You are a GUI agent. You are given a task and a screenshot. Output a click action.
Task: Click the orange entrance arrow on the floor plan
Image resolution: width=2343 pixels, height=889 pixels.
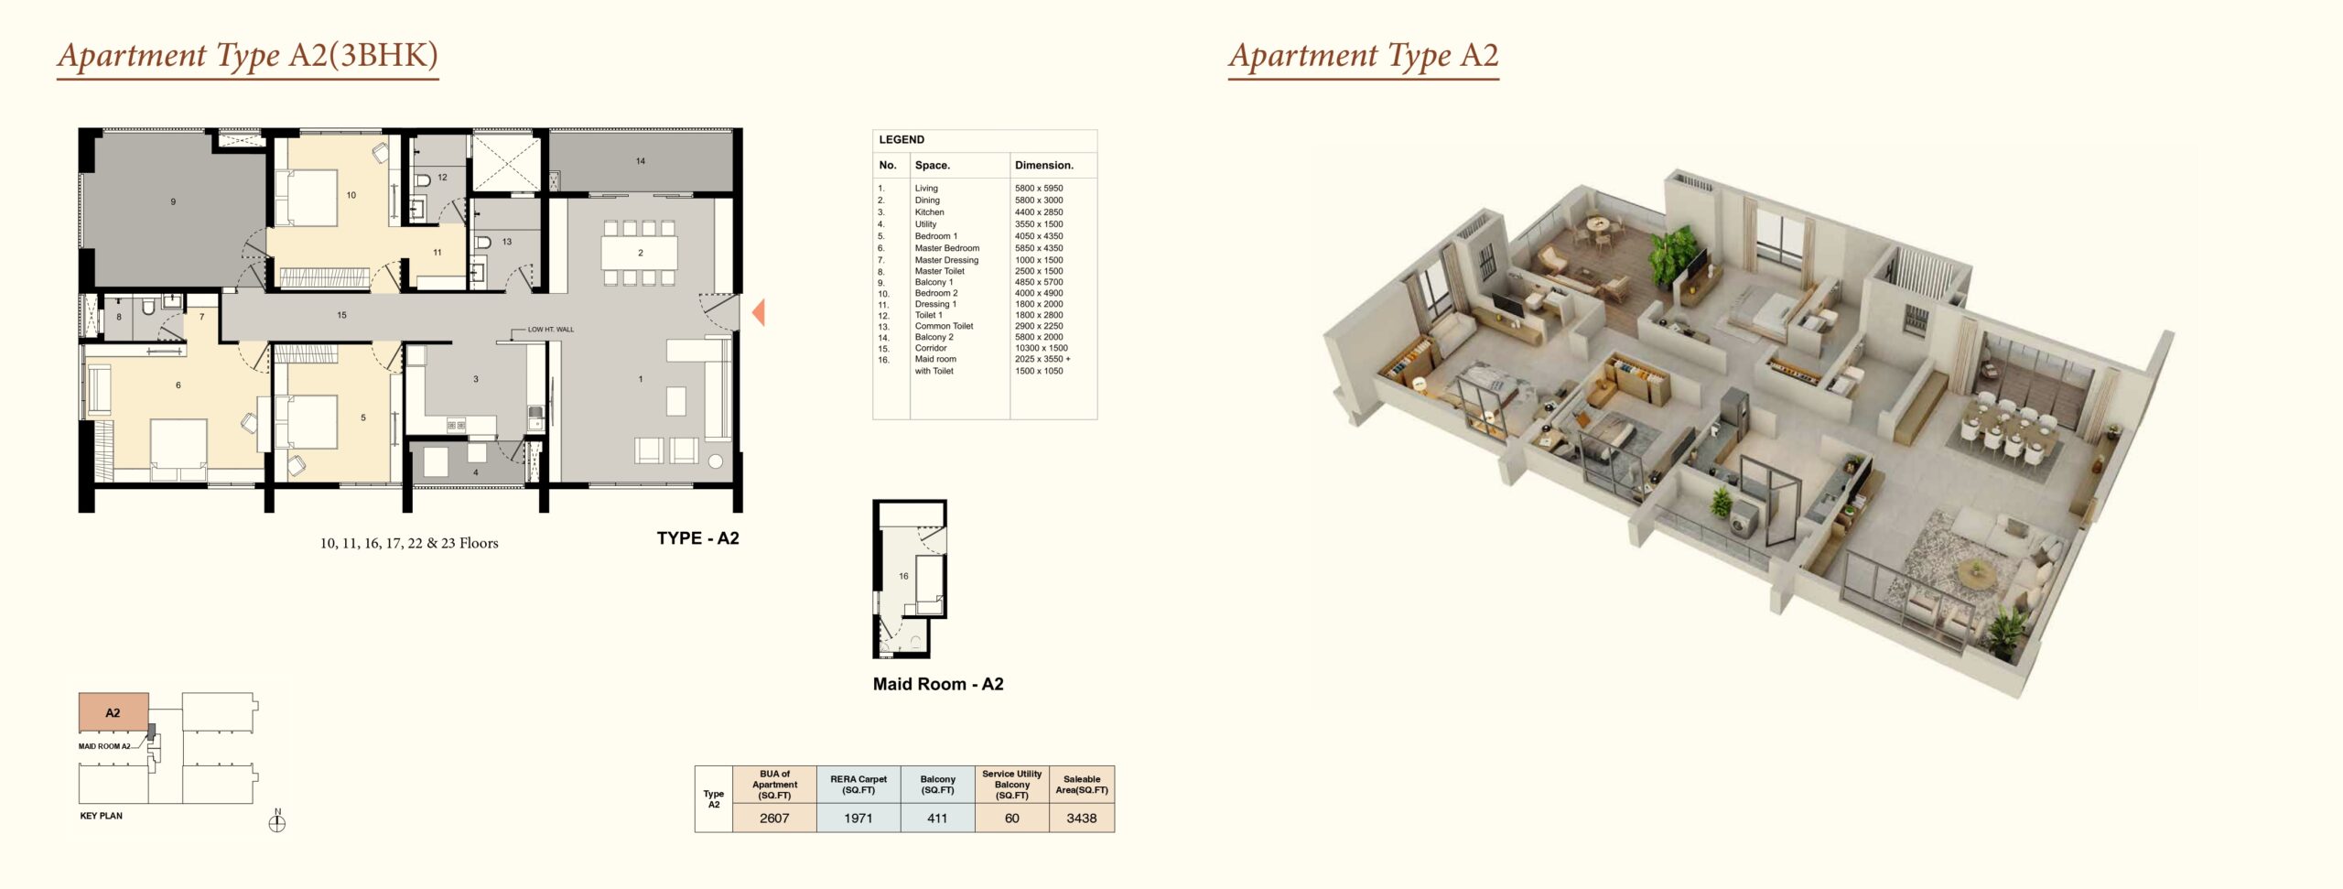click(759, 313)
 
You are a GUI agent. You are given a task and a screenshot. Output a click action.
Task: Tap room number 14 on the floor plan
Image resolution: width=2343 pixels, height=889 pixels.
click(641, 161)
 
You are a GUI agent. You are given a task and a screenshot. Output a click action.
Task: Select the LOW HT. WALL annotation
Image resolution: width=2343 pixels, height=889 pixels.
click(551, 330)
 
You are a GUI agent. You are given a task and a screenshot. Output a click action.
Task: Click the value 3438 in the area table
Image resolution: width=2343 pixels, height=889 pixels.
click(1081, 819)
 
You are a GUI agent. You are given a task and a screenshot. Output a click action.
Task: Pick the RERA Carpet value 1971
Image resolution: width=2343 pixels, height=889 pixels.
click(858, 819)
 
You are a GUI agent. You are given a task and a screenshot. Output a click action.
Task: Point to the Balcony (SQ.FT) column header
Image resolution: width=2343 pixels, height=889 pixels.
click(937, 785)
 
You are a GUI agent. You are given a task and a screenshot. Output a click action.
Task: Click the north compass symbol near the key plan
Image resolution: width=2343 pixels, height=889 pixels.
click(277, 821)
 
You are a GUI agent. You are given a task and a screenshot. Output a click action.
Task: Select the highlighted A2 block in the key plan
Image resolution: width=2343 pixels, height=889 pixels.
click(113, 712)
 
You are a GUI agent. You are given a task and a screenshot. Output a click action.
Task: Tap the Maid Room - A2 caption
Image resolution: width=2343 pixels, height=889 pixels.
click(938, 684)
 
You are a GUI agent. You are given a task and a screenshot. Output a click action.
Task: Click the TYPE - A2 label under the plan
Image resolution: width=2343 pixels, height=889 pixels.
click(697, 538)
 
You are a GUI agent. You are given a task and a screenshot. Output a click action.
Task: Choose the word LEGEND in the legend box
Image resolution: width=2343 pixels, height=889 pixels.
click(902, 140)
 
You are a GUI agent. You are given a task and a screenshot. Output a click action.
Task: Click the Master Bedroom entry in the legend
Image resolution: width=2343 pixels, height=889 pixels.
click(947, 248)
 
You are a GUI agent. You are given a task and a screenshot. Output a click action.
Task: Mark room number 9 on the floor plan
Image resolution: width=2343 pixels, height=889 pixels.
click(173, 201)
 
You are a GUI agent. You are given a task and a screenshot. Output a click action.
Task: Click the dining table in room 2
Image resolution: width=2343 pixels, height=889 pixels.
click(640, 253)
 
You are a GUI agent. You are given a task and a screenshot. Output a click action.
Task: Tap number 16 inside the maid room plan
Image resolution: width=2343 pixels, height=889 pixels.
click(903, 576)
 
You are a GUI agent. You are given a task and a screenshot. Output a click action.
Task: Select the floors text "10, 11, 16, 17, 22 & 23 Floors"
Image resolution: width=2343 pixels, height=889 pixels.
click(409, 543)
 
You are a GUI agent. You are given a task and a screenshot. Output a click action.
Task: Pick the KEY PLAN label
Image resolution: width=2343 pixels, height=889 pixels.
click(101, 816)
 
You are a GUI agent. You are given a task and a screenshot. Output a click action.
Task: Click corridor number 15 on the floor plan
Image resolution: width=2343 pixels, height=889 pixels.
click(341, 315)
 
